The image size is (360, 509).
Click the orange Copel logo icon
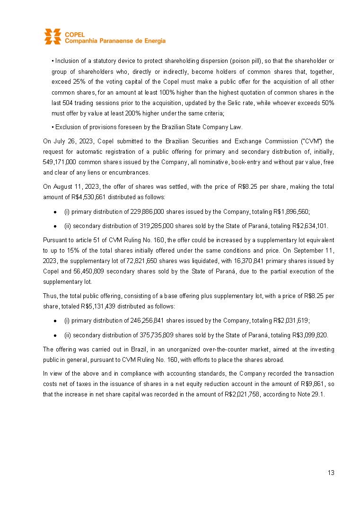point(53,36)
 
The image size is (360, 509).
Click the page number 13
point(331,473)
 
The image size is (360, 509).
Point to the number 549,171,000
point(61,162)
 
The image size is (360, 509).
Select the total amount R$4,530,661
point(86,197)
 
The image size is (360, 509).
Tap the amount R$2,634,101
point(309,226)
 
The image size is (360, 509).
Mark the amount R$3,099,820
point(309,334)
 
